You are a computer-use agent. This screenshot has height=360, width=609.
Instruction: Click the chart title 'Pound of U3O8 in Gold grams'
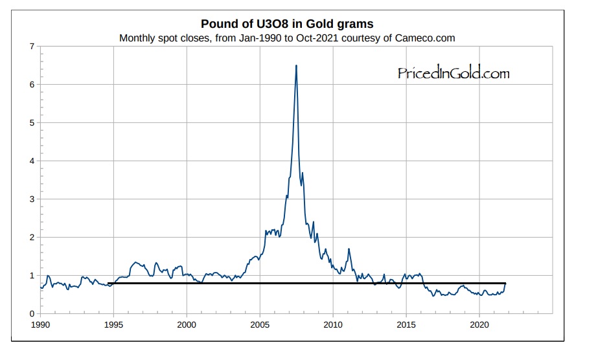point(287,24)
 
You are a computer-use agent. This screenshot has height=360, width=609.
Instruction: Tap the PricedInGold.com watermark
point(454,73)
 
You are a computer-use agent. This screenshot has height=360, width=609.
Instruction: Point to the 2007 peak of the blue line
point(296,65)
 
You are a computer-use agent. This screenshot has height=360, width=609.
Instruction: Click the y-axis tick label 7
point(32,47)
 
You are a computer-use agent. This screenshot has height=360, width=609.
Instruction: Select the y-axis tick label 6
point(32,85)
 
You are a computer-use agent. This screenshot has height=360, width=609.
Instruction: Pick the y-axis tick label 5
point(32,123)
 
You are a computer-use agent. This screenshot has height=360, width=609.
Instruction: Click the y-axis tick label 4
point(32,161)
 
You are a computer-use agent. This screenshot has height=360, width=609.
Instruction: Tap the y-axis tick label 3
point(32,199)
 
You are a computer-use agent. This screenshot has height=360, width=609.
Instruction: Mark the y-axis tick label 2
point(32,238)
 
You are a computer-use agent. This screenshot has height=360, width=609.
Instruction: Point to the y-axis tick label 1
point(32,276)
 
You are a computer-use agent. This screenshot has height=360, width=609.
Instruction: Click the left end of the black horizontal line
point(109,283)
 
